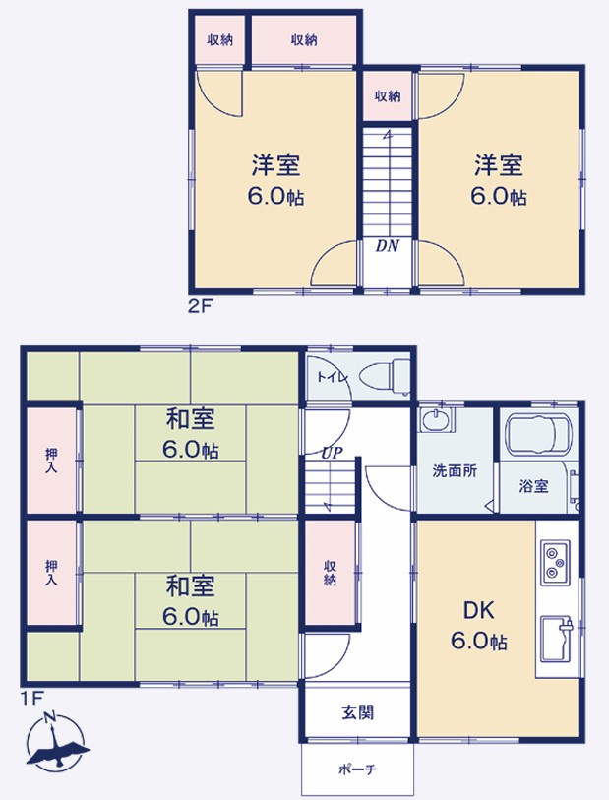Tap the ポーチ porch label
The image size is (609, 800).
(357, 769)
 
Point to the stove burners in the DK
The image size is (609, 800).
(554, 564)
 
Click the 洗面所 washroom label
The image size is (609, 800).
(455, 470)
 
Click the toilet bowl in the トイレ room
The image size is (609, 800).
(382, 375)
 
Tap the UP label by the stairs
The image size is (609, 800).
(329, 454)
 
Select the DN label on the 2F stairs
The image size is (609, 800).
(387, 246)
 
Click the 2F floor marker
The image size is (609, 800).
(199, 305)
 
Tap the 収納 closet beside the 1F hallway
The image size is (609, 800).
(330, 573)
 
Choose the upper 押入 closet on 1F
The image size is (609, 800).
(51, 462)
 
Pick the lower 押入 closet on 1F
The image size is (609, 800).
(51, 574)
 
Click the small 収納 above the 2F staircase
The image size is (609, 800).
(388, 96)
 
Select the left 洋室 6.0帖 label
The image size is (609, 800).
(274, 179)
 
